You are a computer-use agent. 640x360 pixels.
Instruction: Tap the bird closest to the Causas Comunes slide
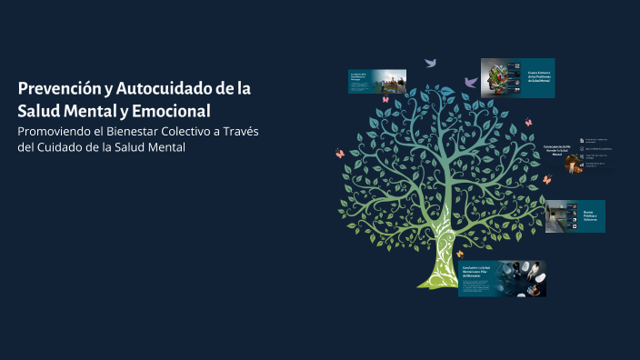(x=471, y=82)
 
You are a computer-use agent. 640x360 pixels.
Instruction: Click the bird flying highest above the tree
(x=431, y=63)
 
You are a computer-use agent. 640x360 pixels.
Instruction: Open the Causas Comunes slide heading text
(x=540, y=77)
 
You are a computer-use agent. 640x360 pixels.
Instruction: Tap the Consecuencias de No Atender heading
(x=556, y=150)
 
